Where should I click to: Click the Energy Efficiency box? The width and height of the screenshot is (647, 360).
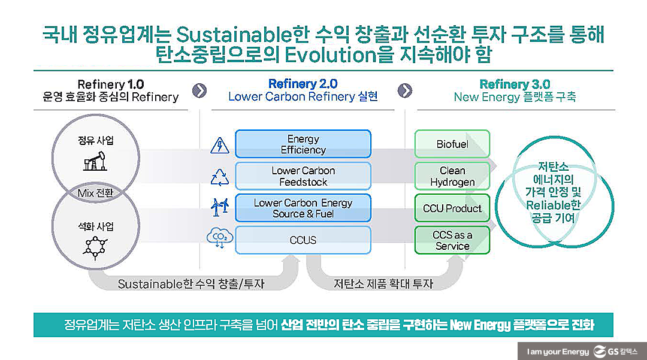tap(303, 144)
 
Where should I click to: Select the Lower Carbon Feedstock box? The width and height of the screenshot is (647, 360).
tap(303, 176)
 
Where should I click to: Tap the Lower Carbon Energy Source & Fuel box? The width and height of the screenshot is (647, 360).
tap(303, 208)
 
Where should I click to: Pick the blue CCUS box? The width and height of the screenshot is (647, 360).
tap(303, 240)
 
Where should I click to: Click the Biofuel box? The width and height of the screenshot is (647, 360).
tap(452, 144)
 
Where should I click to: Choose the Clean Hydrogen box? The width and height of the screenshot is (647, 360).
tap(452, 176)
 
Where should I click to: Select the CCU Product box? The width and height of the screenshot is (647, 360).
tap(452, 208)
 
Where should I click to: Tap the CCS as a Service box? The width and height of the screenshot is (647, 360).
tap(452, 240)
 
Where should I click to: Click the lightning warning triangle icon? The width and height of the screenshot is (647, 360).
tap(219, 146)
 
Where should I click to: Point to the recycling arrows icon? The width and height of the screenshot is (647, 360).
tap(219, 177)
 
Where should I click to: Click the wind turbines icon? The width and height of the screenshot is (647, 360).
tap(219, 207)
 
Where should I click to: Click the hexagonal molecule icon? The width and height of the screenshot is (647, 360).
tap(95, 247)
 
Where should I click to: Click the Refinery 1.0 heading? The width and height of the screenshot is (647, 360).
tap(111, 84)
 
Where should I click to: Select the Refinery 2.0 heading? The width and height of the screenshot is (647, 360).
tap(303, 84)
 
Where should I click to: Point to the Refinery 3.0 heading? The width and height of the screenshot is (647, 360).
tap(515, 84)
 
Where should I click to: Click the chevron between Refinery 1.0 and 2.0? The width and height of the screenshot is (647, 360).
tap(199, 90)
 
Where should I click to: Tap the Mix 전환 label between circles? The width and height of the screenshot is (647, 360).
tap(95, 193)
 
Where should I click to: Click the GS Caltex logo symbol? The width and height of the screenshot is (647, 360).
tap(600, 352)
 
